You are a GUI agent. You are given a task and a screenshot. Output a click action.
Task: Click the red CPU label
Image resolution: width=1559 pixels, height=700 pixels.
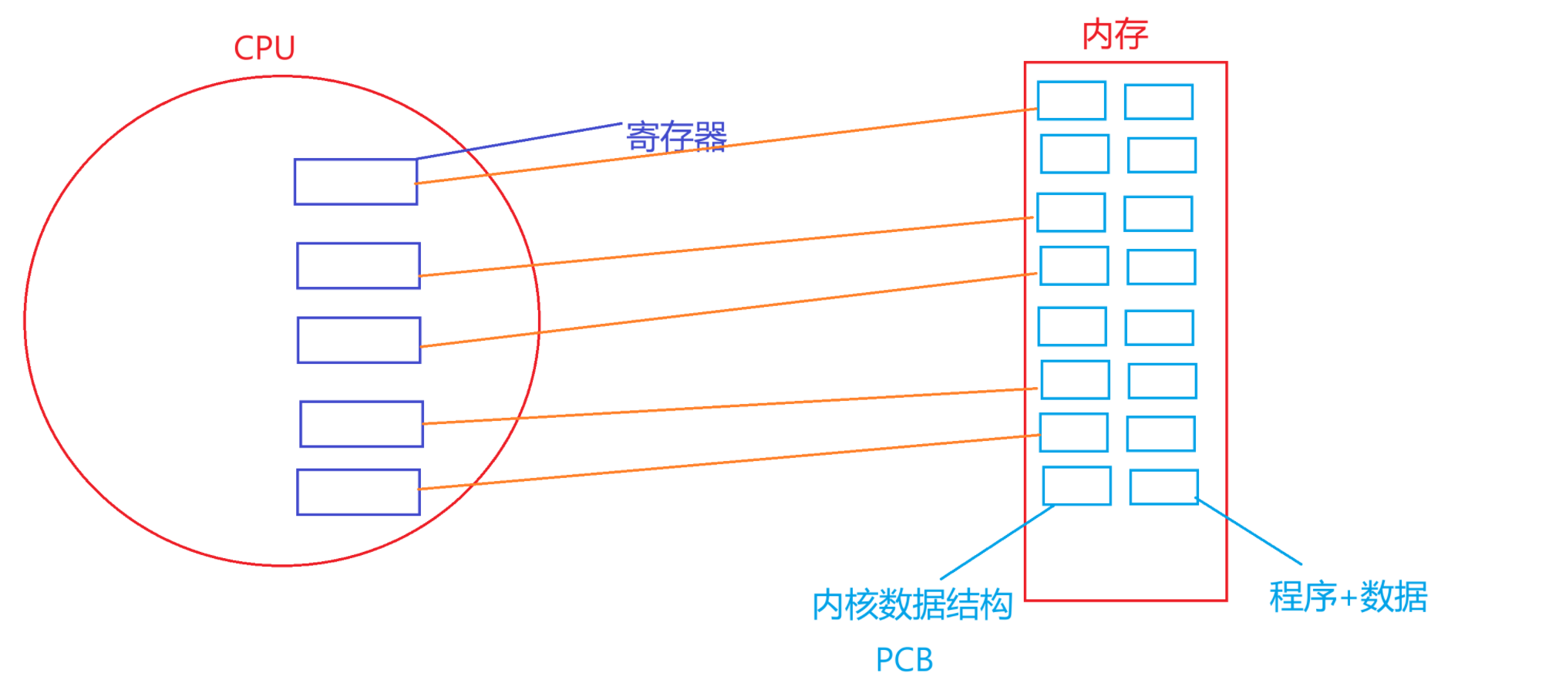(x=264, y=49)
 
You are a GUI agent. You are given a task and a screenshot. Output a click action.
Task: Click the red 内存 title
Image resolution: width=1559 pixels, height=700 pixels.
(x=1115, y=35)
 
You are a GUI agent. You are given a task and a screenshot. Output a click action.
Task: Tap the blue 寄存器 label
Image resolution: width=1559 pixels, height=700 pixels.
(x=676, y=137)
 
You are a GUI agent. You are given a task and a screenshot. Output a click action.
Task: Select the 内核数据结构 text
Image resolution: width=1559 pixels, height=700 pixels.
(x=912, y=604)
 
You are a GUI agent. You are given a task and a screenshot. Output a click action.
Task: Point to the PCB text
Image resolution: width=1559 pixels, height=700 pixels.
(x=904, y=660)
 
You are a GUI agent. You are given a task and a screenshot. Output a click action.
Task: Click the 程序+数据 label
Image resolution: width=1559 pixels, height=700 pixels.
(x=1349, y=597)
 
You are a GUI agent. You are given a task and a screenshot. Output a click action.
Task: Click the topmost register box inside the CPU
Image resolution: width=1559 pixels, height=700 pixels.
(x=355, y=182)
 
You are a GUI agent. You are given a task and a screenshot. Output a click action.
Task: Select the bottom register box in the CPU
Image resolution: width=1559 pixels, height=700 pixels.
(x=359, y=492)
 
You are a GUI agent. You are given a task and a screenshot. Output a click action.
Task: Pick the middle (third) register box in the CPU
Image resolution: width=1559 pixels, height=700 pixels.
(x=359, y=340)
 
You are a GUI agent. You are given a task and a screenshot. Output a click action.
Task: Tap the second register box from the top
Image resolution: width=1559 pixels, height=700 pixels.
(x=359, y=266)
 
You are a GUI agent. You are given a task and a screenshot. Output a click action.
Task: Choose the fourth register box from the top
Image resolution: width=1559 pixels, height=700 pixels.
(x=362, y=424)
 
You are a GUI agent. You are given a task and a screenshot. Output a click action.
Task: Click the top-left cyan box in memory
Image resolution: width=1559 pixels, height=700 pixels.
(x=1072, y=101)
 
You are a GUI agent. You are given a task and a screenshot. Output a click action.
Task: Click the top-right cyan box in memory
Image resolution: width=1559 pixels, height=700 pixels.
(x=1159, y=102)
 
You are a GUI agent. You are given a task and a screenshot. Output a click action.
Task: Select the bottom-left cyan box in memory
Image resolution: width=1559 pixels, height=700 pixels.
(x=1077, y=486)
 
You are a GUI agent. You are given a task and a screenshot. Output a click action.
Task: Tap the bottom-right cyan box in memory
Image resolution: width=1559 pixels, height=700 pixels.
(x=1163, y=487)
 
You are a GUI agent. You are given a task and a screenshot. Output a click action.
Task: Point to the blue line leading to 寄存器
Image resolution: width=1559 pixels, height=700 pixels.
(x=518, y=141)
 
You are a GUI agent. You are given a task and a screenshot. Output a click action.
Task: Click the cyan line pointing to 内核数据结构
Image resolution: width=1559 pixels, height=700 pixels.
(x=996, y=543)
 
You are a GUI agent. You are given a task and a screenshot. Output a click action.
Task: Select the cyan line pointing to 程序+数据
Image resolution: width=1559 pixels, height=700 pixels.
(x=1249, y=532)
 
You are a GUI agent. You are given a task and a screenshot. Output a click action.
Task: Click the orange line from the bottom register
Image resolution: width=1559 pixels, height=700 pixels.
(x=729, y=463)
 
